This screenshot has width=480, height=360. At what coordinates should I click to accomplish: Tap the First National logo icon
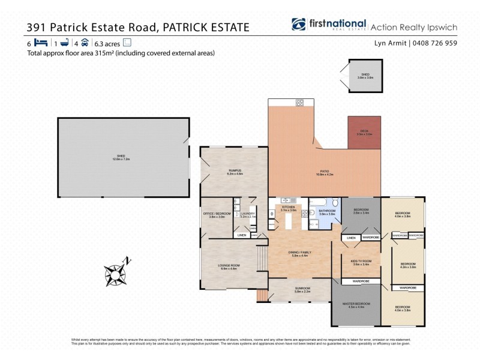click(299, 25)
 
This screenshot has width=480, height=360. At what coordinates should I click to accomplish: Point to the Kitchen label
click(289, 208)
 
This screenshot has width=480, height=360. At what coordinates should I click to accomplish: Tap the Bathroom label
click(328, 212)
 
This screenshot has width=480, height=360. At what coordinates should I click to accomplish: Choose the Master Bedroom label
click(356, 305)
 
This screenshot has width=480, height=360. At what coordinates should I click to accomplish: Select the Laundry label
click(248, 214)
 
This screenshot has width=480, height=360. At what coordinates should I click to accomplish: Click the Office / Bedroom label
click(217, 214)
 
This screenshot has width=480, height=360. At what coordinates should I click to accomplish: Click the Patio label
click(325, 172)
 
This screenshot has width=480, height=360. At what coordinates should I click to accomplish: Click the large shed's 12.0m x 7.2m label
click(121, 159)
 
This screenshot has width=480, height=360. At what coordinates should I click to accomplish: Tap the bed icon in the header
click(41, 43)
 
